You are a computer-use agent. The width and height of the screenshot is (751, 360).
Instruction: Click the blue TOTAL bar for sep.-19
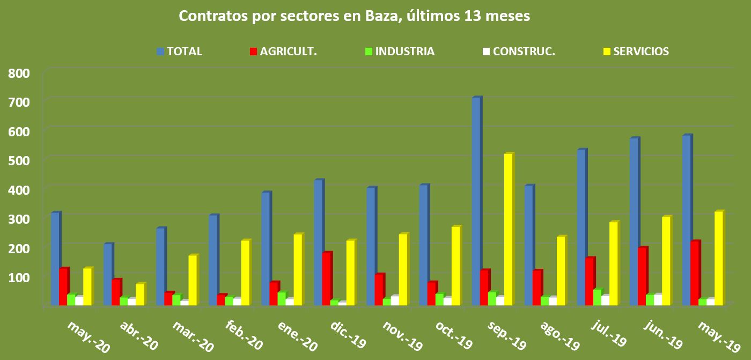coord(476,201)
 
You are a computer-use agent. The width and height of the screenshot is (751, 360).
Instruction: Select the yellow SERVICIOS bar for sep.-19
coord(508,229)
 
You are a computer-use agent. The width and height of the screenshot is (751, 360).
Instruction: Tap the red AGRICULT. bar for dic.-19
coord(326,278)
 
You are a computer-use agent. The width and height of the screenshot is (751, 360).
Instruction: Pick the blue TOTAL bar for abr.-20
coord(107,274)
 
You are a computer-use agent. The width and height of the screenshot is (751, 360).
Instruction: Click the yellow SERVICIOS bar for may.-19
coord(718,258)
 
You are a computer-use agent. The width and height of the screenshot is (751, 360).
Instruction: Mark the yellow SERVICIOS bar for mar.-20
coord(193,280)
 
